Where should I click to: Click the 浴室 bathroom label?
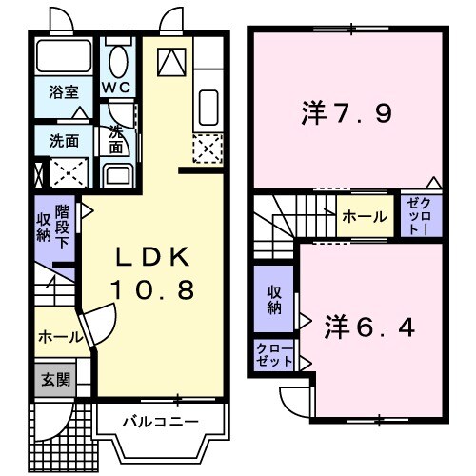point(65,92)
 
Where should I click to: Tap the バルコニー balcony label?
point(159,420)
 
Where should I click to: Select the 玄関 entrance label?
point(53,379)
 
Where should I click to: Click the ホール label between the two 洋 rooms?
point(365,217)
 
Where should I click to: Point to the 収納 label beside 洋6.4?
point(274,300)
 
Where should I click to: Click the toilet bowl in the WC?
point(118,62)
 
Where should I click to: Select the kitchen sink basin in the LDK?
point(208,106)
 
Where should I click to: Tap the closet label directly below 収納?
point(274,355)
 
